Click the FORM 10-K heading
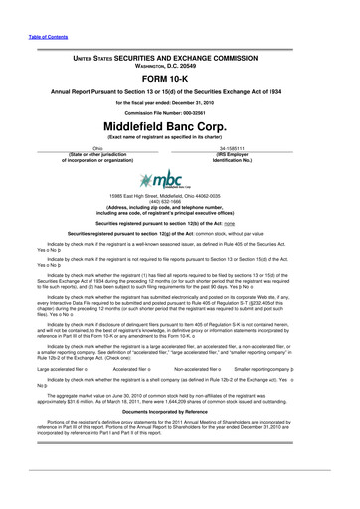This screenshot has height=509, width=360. [180, 80]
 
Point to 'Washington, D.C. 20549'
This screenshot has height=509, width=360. [180, 68]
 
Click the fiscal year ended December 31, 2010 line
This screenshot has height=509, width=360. [180, 102]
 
